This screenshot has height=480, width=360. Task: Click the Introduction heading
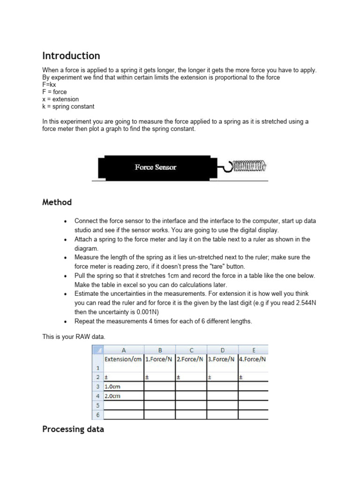point(71,56)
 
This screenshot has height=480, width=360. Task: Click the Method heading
point(57,202)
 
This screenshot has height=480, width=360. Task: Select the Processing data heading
point(73,429)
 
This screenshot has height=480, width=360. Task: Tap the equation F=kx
point(49,85)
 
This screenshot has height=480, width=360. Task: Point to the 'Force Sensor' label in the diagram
point(156,167)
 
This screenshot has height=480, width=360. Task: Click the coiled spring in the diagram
point(249,165)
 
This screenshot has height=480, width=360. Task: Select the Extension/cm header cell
point(123,360)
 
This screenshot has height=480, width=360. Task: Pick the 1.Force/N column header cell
point(159,360)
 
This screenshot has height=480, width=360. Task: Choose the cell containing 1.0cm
point(112,387)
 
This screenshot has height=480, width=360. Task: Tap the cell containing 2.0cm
point(112,396)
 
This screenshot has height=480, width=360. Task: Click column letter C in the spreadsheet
point(191,350)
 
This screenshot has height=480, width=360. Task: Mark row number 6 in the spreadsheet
point(97,415)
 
